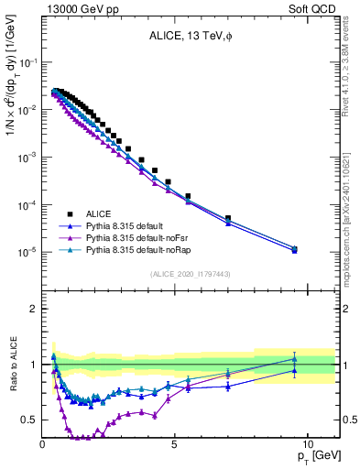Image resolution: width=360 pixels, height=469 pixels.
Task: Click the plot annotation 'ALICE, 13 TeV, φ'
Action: click(x=190, y=37)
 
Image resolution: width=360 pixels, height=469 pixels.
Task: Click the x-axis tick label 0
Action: click(x=42, y=444)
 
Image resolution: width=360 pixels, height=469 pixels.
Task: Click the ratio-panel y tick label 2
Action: click(x=31, y=309)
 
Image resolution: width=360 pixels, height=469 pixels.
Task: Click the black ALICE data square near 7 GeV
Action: click(x=228, y=218)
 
